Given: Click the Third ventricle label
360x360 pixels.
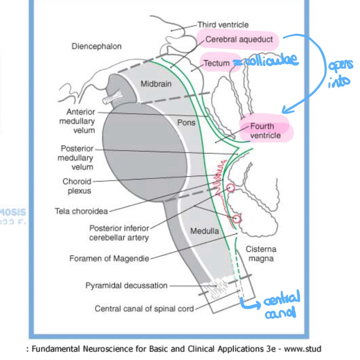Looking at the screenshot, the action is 223,25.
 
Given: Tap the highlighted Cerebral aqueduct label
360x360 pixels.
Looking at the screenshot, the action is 239,39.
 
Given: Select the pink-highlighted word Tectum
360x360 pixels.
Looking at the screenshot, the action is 216,63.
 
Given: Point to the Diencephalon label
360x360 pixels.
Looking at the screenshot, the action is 96,46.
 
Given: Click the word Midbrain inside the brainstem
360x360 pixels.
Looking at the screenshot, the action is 156,84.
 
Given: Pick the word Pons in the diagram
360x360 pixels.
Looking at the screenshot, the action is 186,123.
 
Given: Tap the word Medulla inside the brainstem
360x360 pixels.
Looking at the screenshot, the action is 205,231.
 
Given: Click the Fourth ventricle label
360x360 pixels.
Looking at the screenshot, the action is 265,131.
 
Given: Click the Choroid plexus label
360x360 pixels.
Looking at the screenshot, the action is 77,186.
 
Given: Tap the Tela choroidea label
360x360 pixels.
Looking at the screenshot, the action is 81,211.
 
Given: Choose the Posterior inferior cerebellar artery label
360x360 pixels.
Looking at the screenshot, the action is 119,233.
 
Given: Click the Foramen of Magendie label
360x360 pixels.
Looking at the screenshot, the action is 109,259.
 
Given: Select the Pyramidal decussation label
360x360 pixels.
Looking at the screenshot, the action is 126,286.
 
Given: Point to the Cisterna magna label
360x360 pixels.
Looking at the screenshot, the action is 261,254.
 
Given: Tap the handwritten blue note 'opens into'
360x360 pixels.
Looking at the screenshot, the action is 340,73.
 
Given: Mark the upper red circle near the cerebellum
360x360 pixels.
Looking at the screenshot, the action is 230,188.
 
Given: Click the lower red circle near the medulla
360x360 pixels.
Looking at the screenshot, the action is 237,219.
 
